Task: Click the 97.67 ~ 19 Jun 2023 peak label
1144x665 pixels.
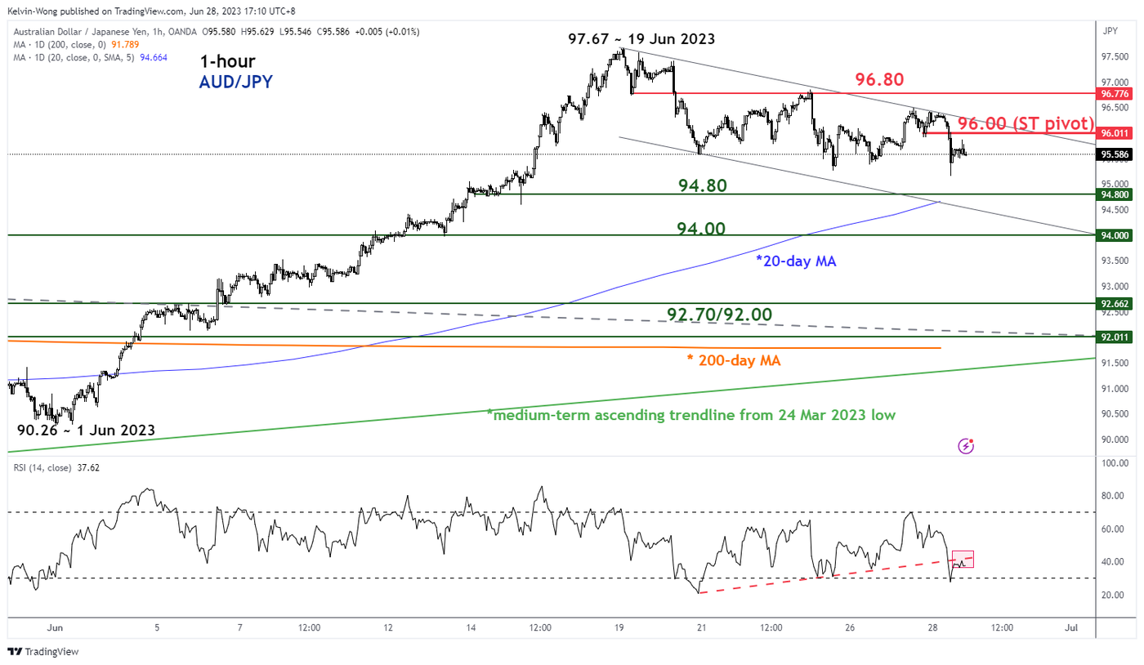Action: coord(641,39)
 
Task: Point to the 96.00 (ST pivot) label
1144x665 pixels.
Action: coord(1026,123)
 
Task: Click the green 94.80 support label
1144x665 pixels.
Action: coord(702,186)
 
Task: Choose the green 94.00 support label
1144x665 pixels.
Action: coord(702,229)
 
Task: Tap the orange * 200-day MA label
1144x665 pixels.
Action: coord(735,359)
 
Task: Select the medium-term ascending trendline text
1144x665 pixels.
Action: coord(690,415)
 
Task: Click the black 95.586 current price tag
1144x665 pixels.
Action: coord(1115,154)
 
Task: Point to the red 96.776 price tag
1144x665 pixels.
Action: coord(1115,94)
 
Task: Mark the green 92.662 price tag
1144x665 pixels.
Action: coord(1115,303)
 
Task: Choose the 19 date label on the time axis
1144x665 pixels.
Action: coord(619,627)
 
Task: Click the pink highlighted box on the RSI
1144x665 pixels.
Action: coord(963,560)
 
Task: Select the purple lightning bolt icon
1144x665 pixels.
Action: coord(967,446)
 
